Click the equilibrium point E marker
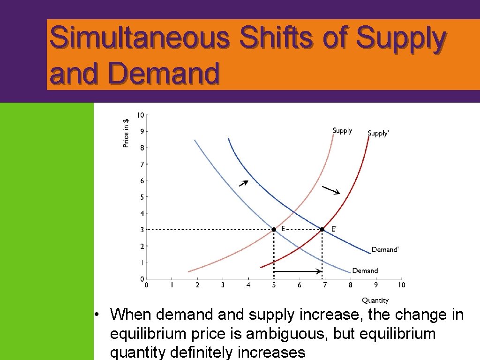[x=274, y=229]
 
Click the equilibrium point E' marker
[x=322, y=229]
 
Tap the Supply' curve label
[x=378, y=134]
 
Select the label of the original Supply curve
[x=342, y=130]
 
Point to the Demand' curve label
[x=385, y=250]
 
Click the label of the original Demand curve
[x=365, y=271]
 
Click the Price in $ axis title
[x=126, y=133]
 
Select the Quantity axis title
[x=375, y=300]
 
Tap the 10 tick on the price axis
[x=141, y=115]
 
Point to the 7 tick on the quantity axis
[x=325, y=285]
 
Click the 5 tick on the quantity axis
[x=274, y=285]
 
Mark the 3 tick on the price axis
[x=142, y=230]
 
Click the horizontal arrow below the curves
[x=298, y=271]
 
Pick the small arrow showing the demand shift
[x=243, y=183]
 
